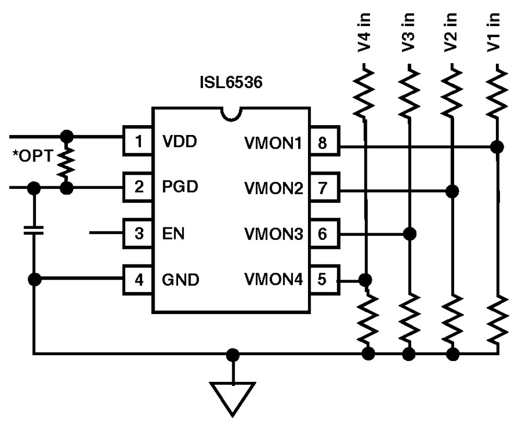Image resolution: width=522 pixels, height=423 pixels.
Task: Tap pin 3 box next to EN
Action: [x=137, y=234]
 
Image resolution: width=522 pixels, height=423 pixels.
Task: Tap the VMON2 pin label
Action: [x=274, y=188]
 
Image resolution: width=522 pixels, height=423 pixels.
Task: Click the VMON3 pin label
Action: [x=274, y=234]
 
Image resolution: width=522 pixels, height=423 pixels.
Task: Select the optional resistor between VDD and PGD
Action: [x=67, y=162]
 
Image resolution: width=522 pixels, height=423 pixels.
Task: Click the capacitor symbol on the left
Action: [x=35, y=230]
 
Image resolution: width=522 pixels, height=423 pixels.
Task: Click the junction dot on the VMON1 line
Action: [x=497, y=147]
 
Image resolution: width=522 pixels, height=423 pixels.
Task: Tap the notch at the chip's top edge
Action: [x=230, y=113]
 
